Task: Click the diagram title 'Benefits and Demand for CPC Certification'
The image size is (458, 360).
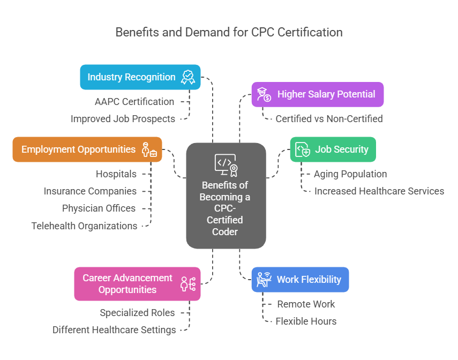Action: pyautogui.click(x=229, y=32)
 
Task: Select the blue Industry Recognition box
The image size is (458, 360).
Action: pyautogui.click(x=140, y=77)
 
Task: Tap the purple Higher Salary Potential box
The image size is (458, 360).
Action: pyautogui.click(x=318, y=94)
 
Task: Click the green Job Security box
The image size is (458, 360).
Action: pyautogui.click(x=333, y=149)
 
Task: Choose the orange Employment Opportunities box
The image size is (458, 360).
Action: pyautogui.click(x=87, y=149)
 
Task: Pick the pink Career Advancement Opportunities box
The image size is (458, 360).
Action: pyautogui.click(x=137, y=284)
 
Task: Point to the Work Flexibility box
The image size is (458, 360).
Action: pyautogui.click(x=300, y=280)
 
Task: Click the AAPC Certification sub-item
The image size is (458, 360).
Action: pyautogui.click(x=134, y=102)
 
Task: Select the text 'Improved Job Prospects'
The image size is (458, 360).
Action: pyautogui.click(x=123, y=119)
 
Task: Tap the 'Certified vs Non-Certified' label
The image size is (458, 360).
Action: pyautogui.click(x=329, y=119)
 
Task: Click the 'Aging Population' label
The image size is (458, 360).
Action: pyautogui.click(x=350, y=174)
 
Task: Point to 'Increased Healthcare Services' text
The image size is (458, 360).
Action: pyautogui.click(x=379, y=191)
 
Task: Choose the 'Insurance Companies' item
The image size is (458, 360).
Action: pyautogui.click(x=90, y=191)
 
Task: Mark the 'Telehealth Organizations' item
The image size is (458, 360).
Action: pyautogui.click(x=84, y=226)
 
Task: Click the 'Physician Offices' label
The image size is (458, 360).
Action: pyautogui.click(x=99, y=208)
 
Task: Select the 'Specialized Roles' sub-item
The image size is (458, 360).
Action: pyautogui.click(x=137, y=313)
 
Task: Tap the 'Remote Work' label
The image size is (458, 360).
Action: pyautogui.click(x=306, y=304)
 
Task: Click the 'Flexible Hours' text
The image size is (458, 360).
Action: pyautogui.click(x=306, y=321)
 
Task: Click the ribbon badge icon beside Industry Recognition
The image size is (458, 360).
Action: pyautogui.click(x=187, y=77)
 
